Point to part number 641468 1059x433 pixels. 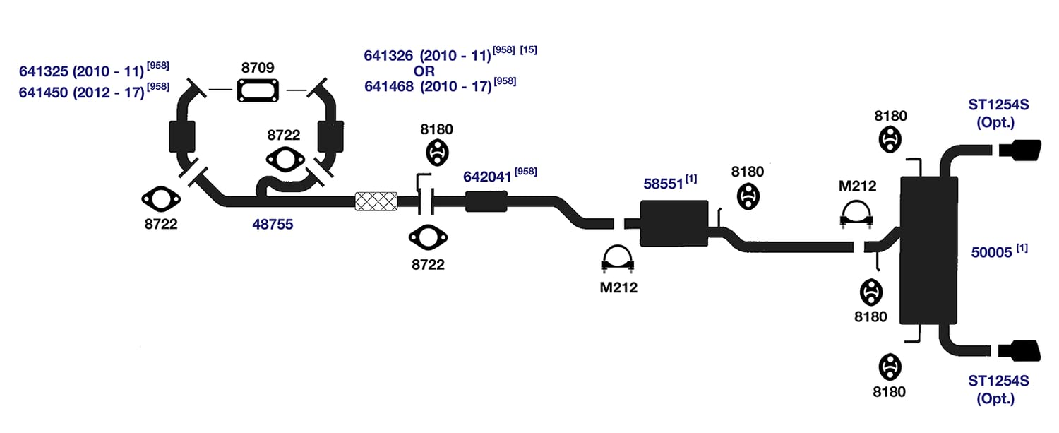388,87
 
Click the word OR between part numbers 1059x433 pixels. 424,71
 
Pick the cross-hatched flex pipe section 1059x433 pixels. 376,201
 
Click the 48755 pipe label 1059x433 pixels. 273,225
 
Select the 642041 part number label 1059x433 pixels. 487,177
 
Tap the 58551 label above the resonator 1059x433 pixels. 663,184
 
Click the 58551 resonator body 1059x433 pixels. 674,223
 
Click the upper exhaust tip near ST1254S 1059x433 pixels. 1019,150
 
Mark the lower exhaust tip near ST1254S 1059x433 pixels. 1019,350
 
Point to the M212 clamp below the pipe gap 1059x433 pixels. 618,259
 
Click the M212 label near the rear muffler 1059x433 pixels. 857,186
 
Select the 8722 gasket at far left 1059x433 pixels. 161,199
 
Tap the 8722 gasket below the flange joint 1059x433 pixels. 428,237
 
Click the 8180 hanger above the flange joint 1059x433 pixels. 437,153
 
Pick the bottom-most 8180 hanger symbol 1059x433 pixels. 890,367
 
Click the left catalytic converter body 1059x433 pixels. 182,137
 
